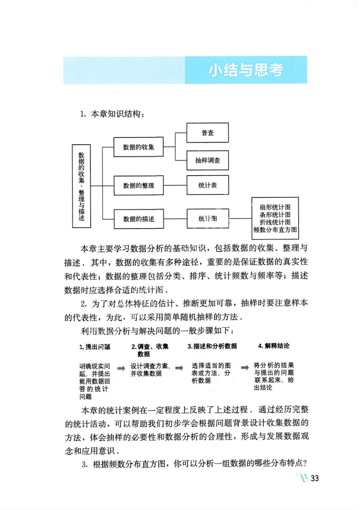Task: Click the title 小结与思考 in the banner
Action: (246, 70)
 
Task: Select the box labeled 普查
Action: (207, 133)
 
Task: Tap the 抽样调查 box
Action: (207, 160)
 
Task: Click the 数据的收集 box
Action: (138, 147)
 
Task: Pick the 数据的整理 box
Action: (138, 185)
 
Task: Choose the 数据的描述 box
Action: (139, 219)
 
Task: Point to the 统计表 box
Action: (207, 185)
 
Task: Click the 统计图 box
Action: (208, 218)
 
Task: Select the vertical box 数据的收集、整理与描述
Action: (81, 186)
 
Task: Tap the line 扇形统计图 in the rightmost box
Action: (275, 207)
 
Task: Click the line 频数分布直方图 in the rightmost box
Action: (275, 230)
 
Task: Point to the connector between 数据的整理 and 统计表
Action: (175, 185)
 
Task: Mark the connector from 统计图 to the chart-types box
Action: (240, 218)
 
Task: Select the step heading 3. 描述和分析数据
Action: (212, 346)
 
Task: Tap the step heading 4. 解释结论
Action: (274, 346)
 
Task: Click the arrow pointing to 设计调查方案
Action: (121, 368)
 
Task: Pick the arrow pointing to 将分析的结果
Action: (245, 368)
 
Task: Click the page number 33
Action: (315, 478)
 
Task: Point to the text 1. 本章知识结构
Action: (112, 114)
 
